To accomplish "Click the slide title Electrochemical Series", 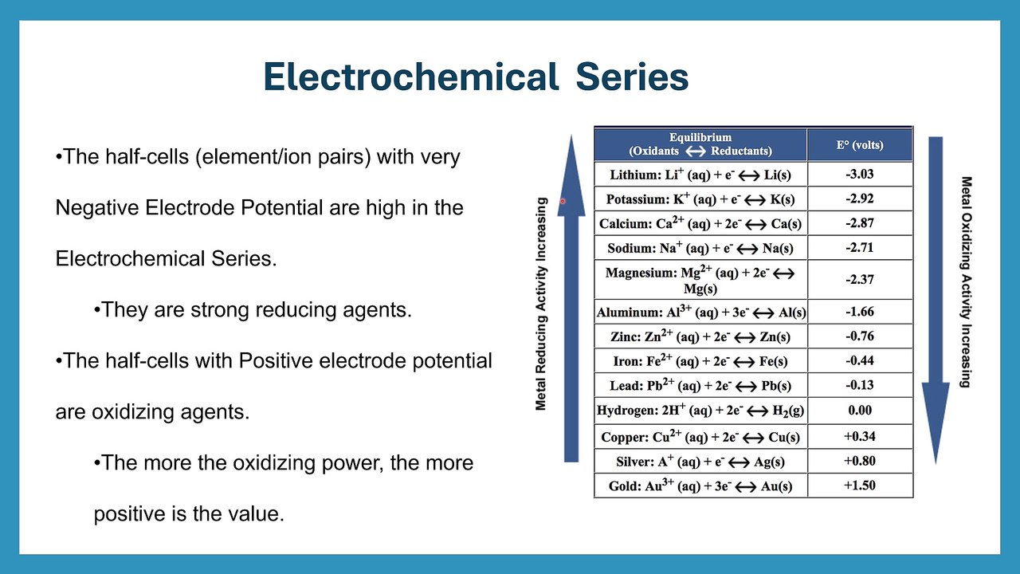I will coord(476,77).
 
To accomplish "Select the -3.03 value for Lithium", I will coord(859,174).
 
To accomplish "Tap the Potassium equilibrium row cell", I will coord(700,199).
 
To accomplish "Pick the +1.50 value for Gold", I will coord(859,486).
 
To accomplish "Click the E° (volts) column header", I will coord(859,144).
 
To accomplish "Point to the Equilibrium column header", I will coord(700,144).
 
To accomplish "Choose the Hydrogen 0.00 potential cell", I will coord(859,411).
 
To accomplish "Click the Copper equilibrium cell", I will coord(700,437).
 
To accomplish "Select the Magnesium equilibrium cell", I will coord(700,280).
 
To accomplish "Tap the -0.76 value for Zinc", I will coord(859,336).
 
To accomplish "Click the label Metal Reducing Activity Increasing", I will coord(541,304).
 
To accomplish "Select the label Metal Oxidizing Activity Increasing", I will coord(966,281).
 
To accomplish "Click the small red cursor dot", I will coord(562,202).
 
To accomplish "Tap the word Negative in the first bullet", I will coord(98,208).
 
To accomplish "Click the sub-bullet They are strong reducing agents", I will coord(253,310).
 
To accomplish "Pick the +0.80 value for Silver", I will coord(859,461).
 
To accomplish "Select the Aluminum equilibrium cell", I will coord(700,313).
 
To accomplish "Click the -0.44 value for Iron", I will coord(859,360).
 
